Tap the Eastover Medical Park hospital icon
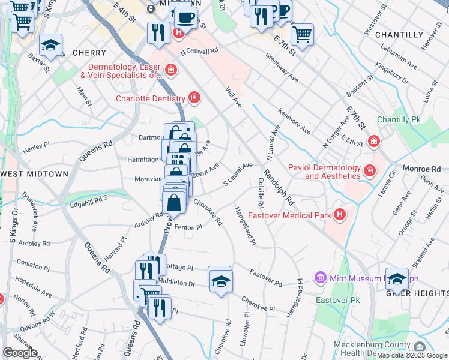[340, 214]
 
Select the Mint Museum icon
[320, 278]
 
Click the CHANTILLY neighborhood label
[399, 35]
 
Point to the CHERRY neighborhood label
[89, 53]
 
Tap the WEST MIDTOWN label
[34, 174]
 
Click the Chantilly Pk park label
[399, 120]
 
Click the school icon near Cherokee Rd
[220, 280]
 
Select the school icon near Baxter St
[51, 46]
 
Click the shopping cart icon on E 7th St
[301, 33]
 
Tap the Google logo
[20, 352]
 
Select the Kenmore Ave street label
[294, 122]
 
